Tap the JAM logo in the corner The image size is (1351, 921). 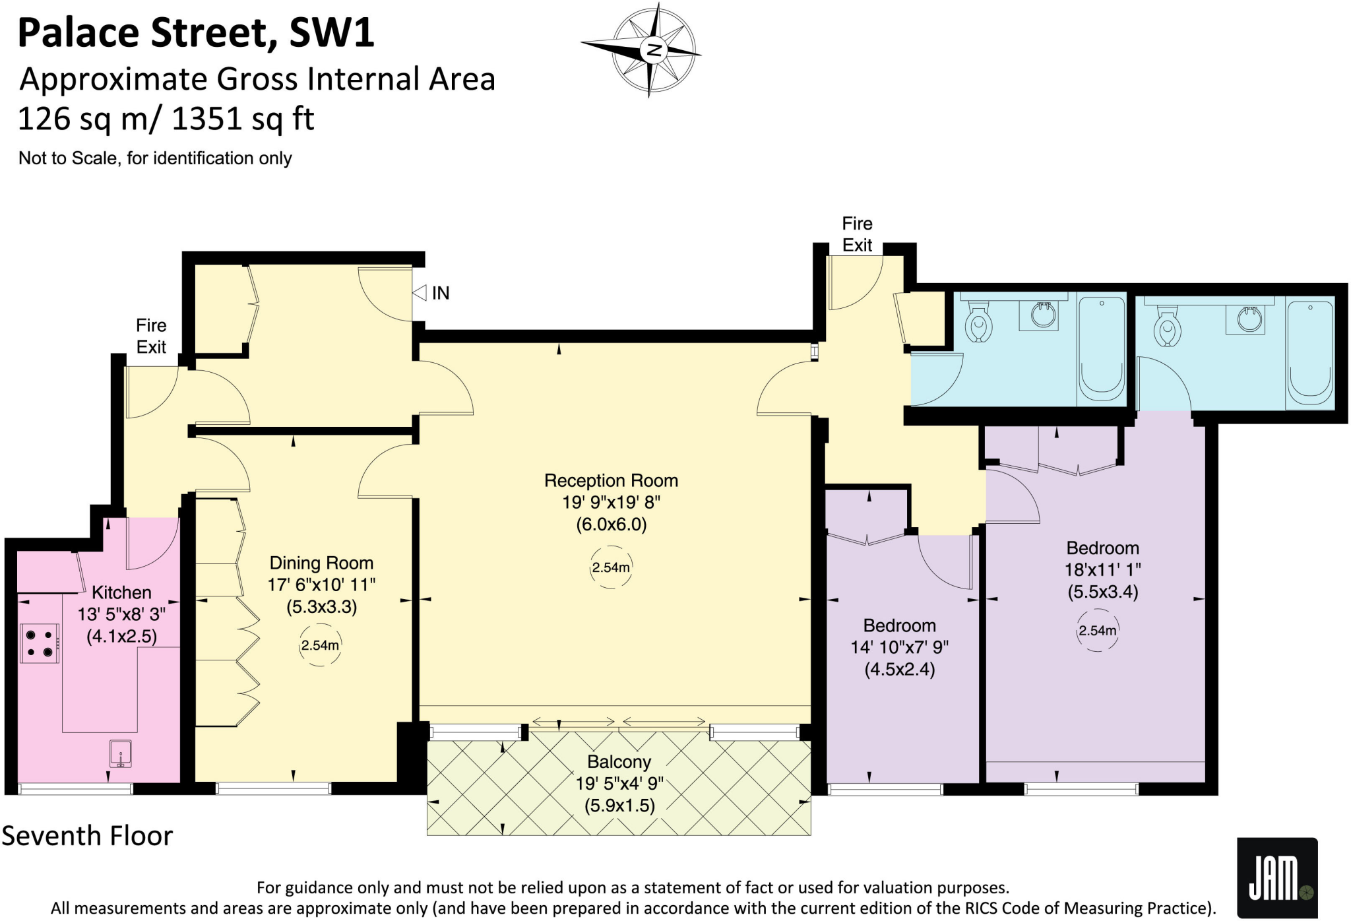click(1276, 877)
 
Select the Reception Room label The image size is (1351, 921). click(611, 481)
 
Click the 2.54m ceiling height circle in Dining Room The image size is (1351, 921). click(320, 645)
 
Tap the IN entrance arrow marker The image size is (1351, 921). click(420, 293)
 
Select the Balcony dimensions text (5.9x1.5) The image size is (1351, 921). click(619, 806)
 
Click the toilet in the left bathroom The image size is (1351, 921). click(979, 323)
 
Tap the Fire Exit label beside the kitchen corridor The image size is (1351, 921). click(151, 336)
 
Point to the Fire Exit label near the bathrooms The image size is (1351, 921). click(857, 234)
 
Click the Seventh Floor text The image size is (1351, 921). click(87, 836)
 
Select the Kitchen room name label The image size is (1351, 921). click(121, 592)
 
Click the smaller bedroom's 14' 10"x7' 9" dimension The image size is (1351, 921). click(899, 647)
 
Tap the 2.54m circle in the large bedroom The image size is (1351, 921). click(1098, 631)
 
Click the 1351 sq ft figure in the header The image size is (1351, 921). click(243, 119)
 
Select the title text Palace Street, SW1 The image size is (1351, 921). click(196, 33)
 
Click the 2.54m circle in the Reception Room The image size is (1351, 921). click(611, 567)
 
